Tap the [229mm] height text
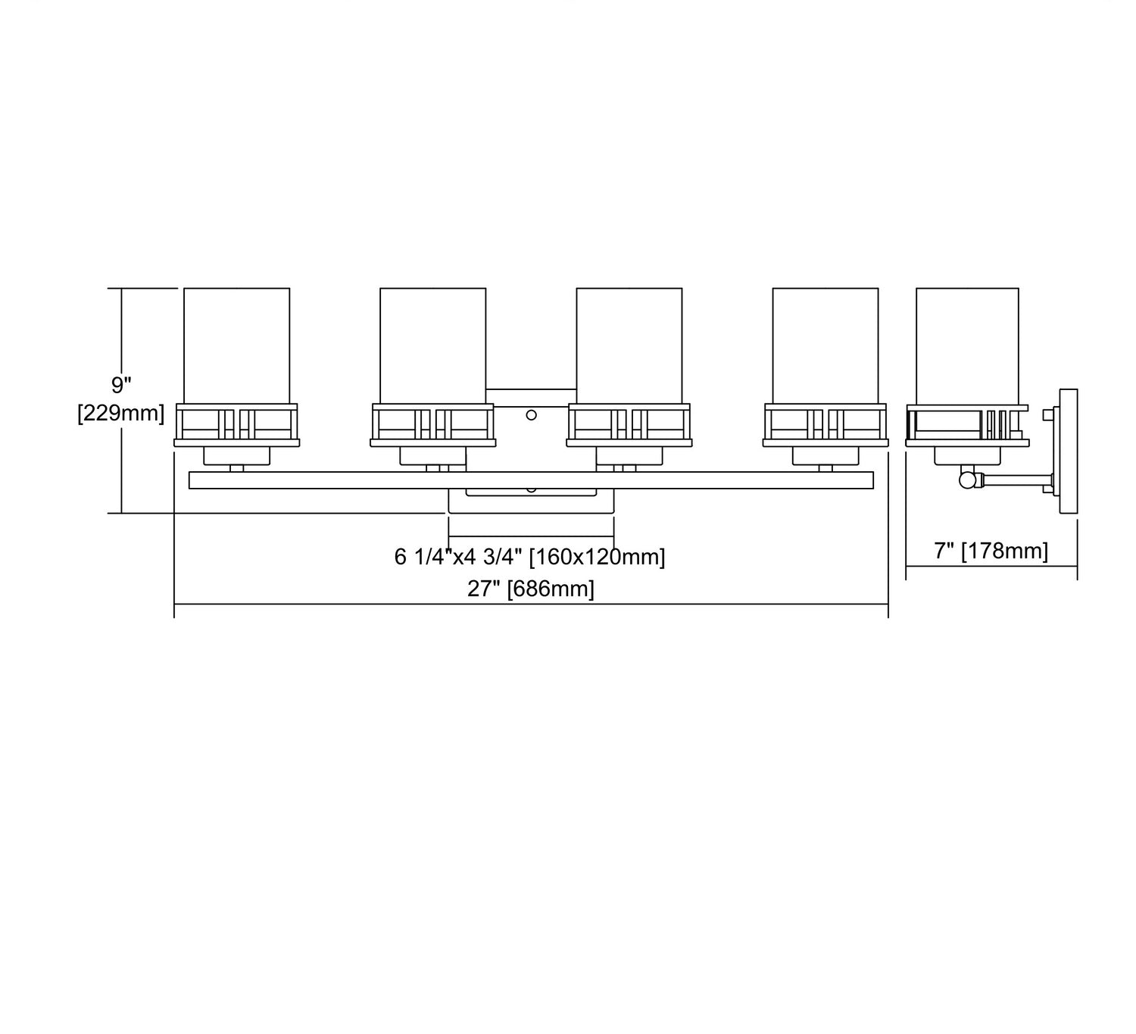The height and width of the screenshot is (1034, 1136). pos(121,414)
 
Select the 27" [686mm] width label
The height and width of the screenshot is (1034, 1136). pos(530,589)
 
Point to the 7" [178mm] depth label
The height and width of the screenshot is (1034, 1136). pos(991,551)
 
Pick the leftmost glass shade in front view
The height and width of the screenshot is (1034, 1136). pos(236,345)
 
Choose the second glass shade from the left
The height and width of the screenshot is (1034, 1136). pos(432,345)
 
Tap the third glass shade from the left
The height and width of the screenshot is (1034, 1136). pos(629,345)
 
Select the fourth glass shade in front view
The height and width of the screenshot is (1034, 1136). pos(825,345)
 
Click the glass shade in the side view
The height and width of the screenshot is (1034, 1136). pos(967,345)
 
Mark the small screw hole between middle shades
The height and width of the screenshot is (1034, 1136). pos(531,414)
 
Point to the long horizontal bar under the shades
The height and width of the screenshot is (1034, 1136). pos(530,480)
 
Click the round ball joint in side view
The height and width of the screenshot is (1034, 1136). pos(967,480)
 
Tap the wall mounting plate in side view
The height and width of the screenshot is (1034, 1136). pos(1068,451)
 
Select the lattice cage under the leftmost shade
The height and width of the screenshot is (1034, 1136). pos(236,423)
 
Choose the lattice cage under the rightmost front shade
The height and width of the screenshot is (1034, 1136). pos(825,423)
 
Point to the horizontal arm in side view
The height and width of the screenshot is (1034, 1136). pos(1015,480)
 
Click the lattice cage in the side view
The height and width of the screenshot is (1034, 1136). pos(967,423)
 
